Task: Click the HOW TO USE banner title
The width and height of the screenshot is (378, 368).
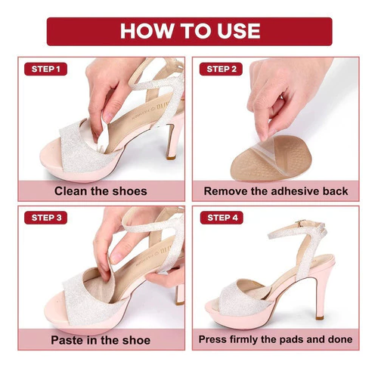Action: (x=190, y=31)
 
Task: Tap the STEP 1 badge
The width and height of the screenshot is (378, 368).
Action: (x=45, y=69)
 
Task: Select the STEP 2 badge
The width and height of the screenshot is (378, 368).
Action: (x=221, y=69)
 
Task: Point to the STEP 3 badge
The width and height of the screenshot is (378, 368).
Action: (x=45, y=218)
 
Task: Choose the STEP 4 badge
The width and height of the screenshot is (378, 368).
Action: (x=222, y=218)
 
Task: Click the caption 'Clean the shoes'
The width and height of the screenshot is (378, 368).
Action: (x=101, y=191)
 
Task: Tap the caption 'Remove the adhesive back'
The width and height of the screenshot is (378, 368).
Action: (x=276, y=191)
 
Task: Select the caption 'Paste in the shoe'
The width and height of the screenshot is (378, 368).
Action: (x=101, y=340)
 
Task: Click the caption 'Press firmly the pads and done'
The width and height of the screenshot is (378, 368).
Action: (x=275, y=339)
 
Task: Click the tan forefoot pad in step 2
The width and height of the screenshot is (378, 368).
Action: (x=271, y=158)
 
